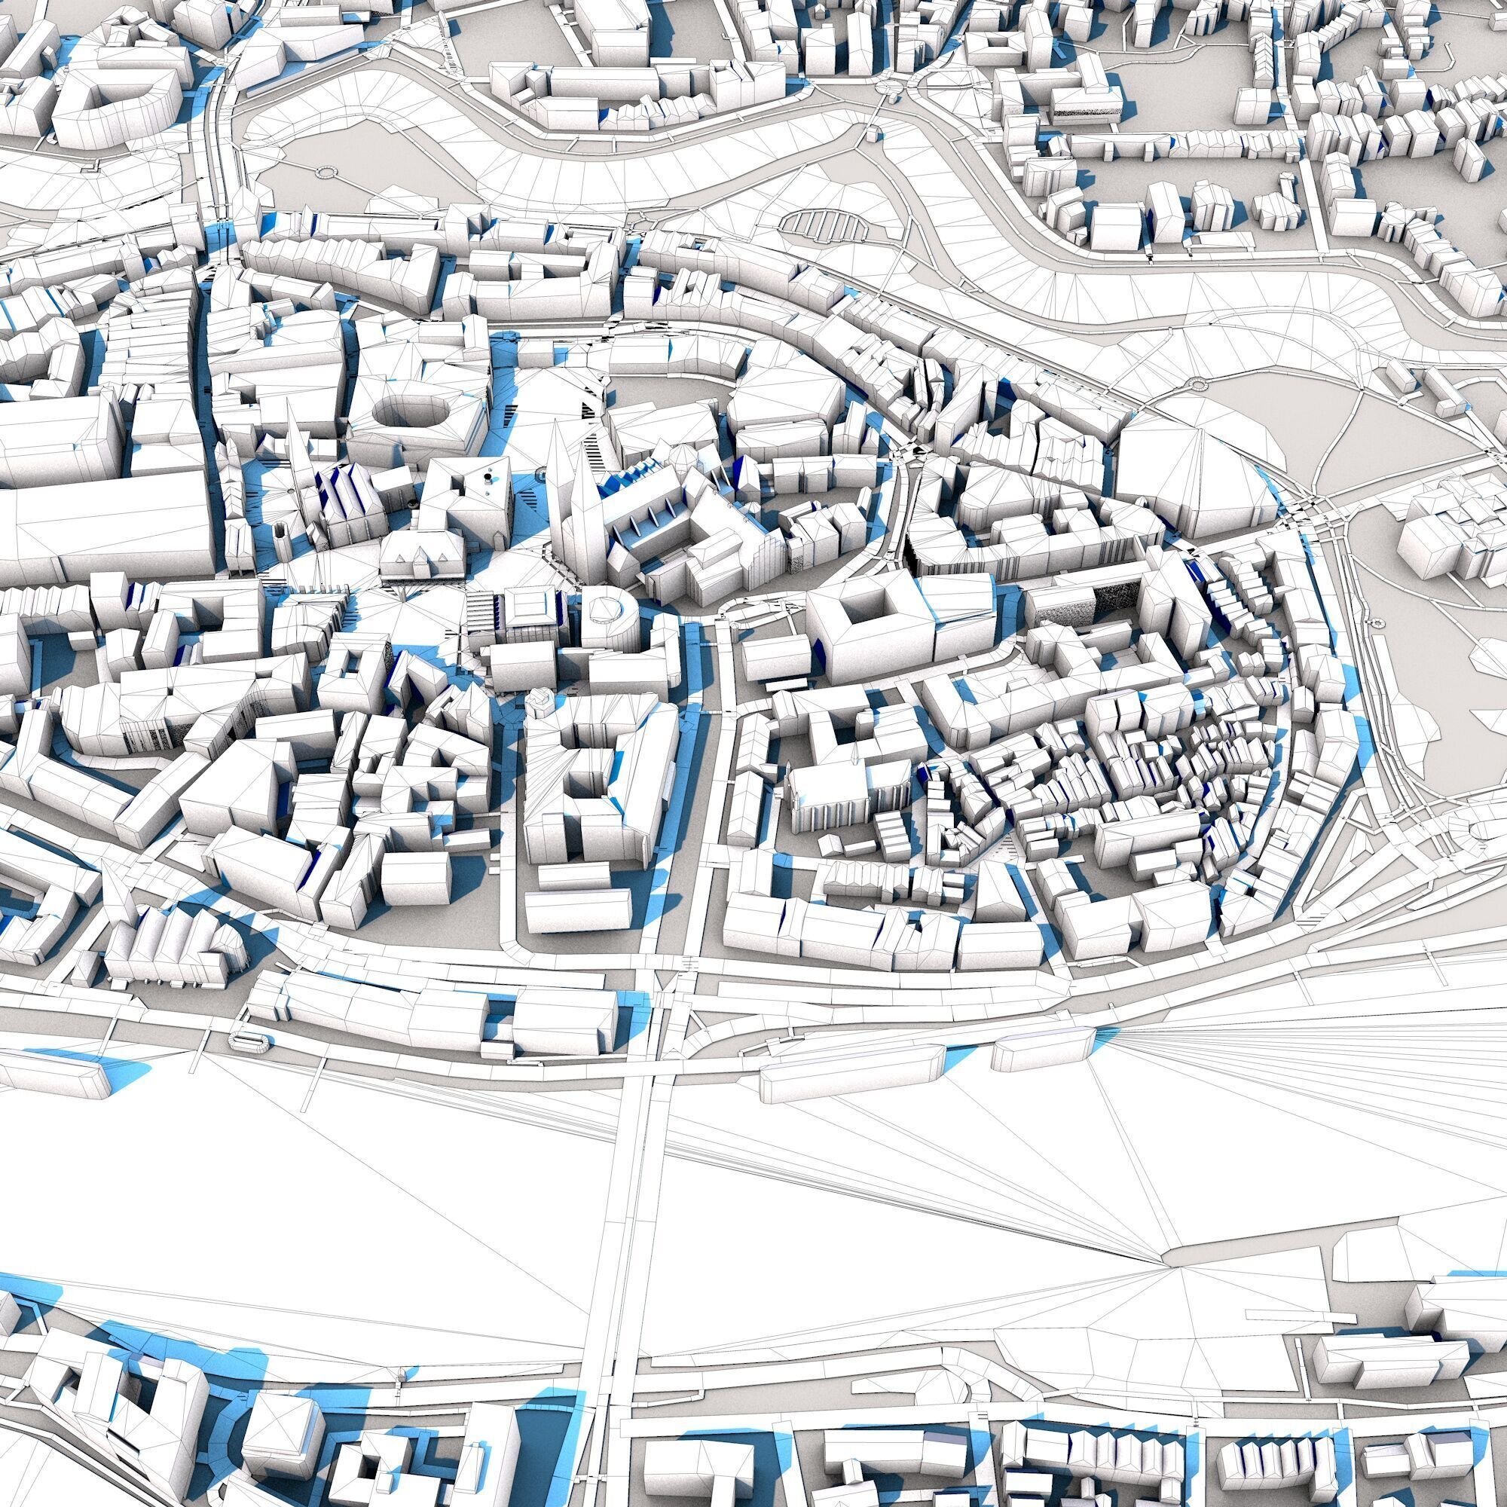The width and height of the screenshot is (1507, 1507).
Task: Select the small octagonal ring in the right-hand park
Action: point(1376,624)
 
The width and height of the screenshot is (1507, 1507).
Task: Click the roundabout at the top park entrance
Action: point(888,87)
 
